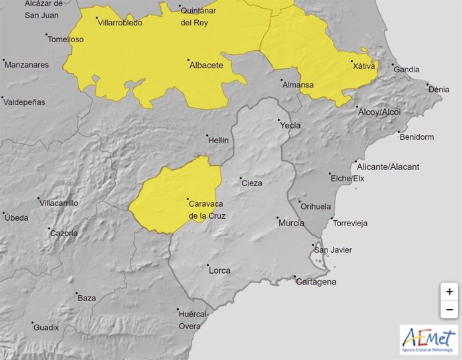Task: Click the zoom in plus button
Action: [x=449, y=292]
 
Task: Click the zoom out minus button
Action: [x=449, y=310]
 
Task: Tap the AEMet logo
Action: [x=429, y=339]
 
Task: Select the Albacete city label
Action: [x=206, y=65]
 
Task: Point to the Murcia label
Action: [x=291, y=222]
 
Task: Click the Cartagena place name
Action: [x=317, y=282]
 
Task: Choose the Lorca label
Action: [x=220, y=270]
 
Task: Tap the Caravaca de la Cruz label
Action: [x=207, y=209]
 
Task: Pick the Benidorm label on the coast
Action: [x=416, y=137]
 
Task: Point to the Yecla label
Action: [x=290, y=125]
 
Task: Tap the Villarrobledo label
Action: [x=120, y=22]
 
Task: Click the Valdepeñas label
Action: [x=24, y=102]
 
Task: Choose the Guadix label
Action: [x=47, y=327]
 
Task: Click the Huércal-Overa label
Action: [x=194, y=320]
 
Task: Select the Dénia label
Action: [x=439, y=89]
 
